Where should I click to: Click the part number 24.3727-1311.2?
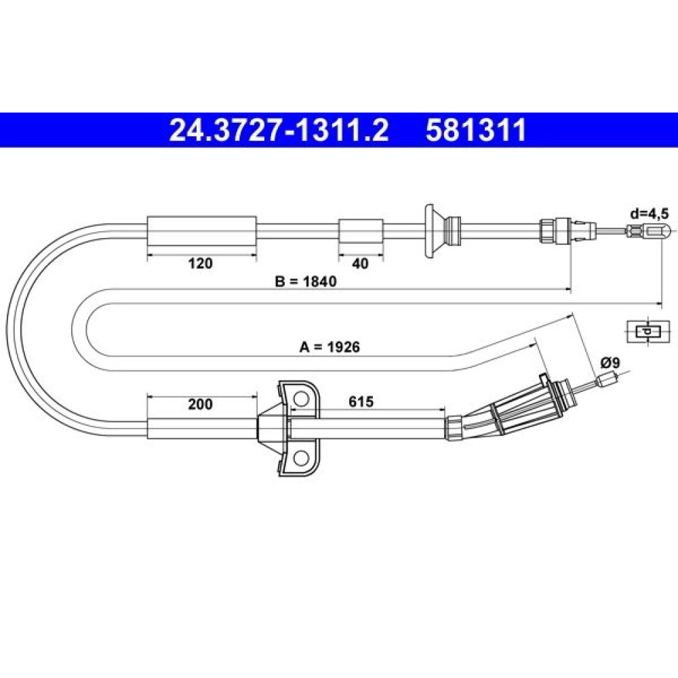tap(279, 130)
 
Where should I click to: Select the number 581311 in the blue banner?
tap(476, 130)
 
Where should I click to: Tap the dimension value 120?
tap(200, 263)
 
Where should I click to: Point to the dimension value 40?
tap(360, 263)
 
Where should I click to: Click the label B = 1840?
tap(306, 281)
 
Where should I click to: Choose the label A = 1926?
tap(330, 346)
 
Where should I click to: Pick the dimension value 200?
tap(200, 404)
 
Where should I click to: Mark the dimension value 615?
tap(361, 401)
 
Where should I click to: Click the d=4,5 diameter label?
tap(649, 214)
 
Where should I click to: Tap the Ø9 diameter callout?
tap(610, 363)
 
